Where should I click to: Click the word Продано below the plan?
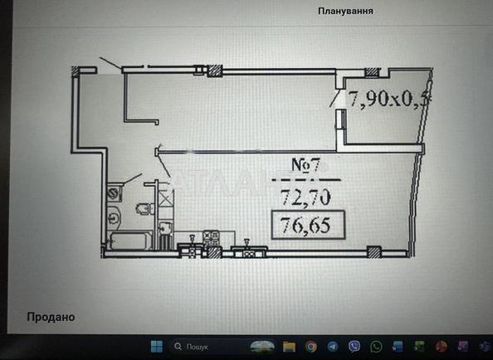click(51, 316)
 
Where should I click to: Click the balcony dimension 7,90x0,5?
click(390, 100)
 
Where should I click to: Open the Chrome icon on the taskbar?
click(310, 346)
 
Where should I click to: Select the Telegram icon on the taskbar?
click(332, 346)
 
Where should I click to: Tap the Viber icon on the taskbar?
click(354, 346)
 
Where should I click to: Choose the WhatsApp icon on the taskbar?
click(376, 346)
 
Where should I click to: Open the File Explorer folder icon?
click(289, 346)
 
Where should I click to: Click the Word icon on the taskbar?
click(398, 346)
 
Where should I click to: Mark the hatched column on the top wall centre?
click(215, 71)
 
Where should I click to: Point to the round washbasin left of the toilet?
click(113, 217)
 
